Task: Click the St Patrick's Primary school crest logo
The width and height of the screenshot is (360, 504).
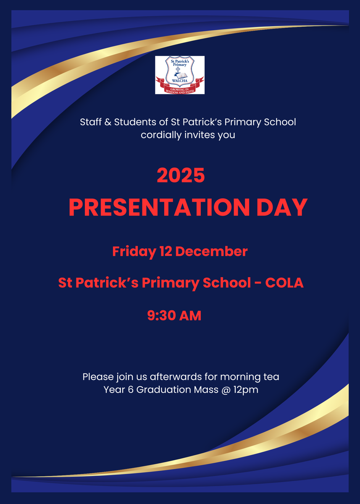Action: (180, 75)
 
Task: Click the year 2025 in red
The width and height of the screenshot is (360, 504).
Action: (181, 175)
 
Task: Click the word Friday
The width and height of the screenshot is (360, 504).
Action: (134, 252)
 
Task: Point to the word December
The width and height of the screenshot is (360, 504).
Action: (211, 251)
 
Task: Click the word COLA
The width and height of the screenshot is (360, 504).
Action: (284, 283)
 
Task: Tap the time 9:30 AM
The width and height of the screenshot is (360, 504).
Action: (174, 315)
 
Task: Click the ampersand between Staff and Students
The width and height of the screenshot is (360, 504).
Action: (108, 122)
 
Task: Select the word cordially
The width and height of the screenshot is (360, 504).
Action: (161, 135)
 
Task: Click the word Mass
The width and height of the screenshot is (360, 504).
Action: (206, 390)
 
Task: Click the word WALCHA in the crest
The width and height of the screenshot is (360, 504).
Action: (179, 81)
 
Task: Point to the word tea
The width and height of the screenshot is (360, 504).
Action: (272, 377)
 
